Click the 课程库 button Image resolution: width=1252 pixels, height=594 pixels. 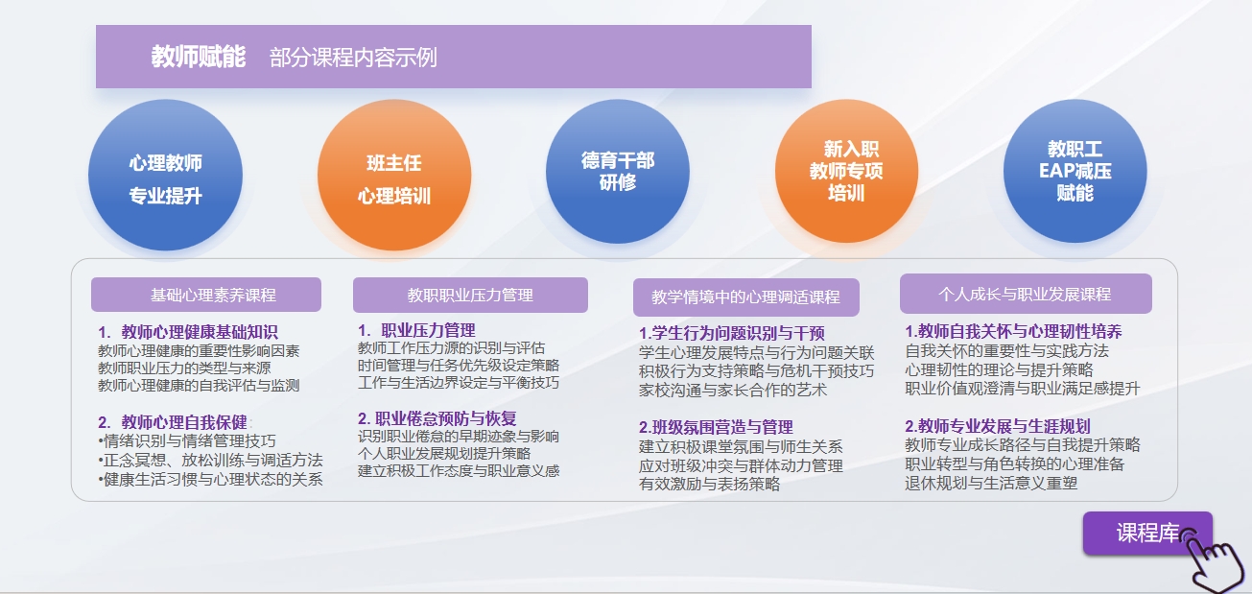tap(1146, 533)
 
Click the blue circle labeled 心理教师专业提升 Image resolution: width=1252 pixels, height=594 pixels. tap(165, 175)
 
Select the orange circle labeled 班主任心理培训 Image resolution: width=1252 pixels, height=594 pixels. tap(394, 175)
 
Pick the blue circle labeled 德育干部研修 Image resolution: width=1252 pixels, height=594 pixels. tap(618, 172)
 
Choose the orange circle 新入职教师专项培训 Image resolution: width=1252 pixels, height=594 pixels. tap(846, 171)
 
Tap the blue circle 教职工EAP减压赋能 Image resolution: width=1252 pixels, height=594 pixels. tap(1075, 171)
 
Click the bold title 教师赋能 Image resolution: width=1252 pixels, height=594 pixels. tap(199, 57)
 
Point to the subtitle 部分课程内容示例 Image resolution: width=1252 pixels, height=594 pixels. tap(353, 58)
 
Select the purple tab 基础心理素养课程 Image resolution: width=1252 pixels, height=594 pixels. tap(206, 295)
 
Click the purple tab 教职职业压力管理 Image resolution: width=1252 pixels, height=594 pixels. tap(470, 295)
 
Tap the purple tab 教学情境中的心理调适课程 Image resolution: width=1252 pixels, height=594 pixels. tap(746, 297)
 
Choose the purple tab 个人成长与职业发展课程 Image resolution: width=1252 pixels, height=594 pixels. tap(1026, 294)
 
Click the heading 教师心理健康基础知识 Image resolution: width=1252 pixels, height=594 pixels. tap(200, 332)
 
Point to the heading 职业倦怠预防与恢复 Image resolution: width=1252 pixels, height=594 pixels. tap(445, 418)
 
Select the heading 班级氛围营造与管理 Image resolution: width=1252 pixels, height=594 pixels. tap(722, 427)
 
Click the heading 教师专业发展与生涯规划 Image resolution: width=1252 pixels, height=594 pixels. tap(1004, 426)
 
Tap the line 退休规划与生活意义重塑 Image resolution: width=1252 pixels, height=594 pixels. tap(991, 483)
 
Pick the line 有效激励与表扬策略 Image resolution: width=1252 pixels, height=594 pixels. tap(709, 484)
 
